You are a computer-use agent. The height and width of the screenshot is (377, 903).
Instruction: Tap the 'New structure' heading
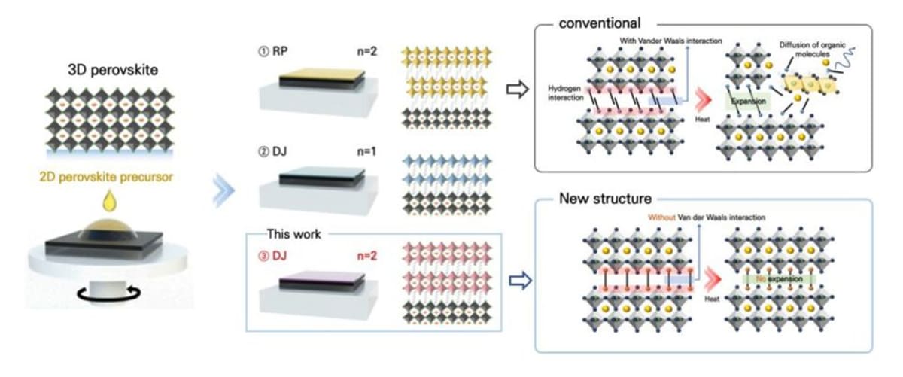point(606,199)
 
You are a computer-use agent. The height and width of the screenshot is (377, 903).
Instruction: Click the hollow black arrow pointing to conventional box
point(516,90)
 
